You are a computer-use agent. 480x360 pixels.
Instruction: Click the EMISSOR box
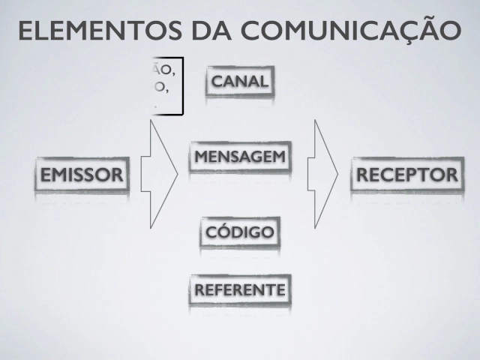(x=81, y=175)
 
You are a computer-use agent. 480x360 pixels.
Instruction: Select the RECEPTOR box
(x=407, y=175)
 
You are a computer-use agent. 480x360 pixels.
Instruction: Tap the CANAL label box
(x=239, y=82)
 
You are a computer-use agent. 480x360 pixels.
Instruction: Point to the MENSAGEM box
(x=238, y=157)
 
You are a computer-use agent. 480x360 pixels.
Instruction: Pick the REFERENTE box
(x=239, y=290)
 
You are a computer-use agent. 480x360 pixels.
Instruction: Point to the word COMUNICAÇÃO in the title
(x=349, y=31)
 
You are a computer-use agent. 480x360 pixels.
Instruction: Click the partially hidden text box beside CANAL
(x=166, y=88)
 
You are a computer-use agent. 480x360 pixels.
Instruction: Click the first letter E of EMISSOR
(x=46, y=175)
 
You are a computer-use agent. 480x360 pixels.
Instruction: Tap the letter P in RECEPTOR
(x=421, y=175)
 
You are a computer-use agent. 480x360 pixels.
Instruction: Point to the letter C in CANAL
(x=218, y=82)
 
